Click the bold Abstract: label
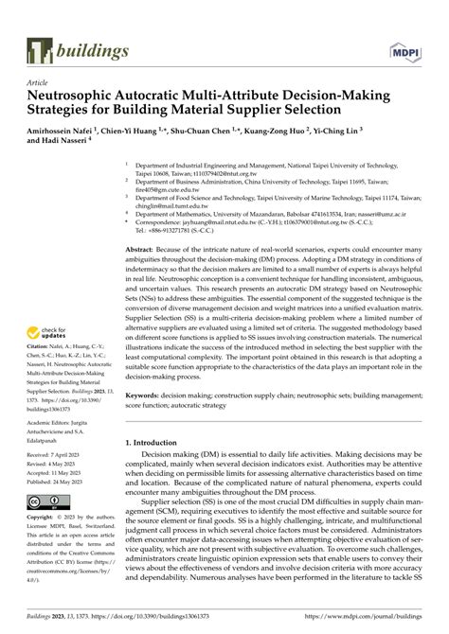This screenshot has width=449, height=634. pyautogui.click(x=144, y=247)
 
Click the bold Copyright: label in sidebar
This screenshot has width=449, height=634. pyautogui.click(x=46, y=519)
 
